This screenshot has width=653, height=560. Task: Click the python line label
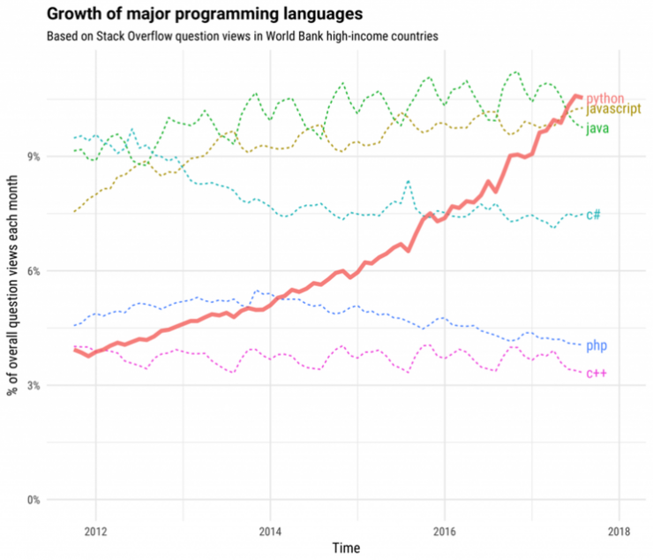605,97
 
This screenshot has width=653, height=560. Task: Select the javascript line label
614,110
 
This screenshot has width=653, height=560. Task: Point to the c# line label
594,215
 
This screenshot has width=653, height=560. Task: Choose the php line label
597,345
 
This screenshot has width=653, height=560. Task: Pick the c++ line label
597,374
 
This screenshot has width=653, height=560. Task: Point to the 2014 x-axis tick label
270,532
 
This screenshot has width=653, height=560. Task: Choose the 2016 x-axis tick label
445,532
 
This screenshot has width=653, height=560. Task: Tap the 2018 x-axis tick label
619,532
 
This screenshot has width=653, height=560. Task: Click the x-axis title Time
346,549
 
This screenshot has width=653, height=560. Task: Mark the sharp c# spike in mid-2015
408,181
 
